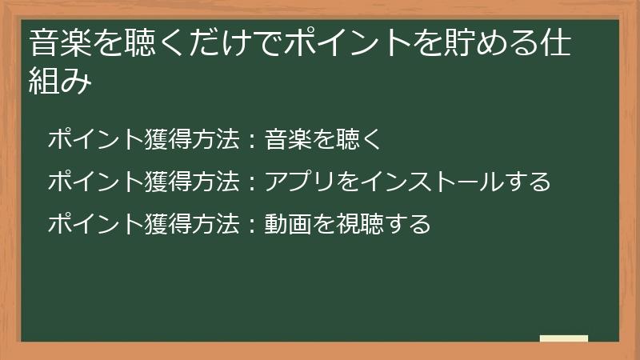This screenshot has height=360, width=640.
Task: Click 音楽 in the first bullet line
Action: tap(288, 140)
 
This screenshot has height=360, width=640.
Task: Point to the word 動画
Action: tap(288, 223)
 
